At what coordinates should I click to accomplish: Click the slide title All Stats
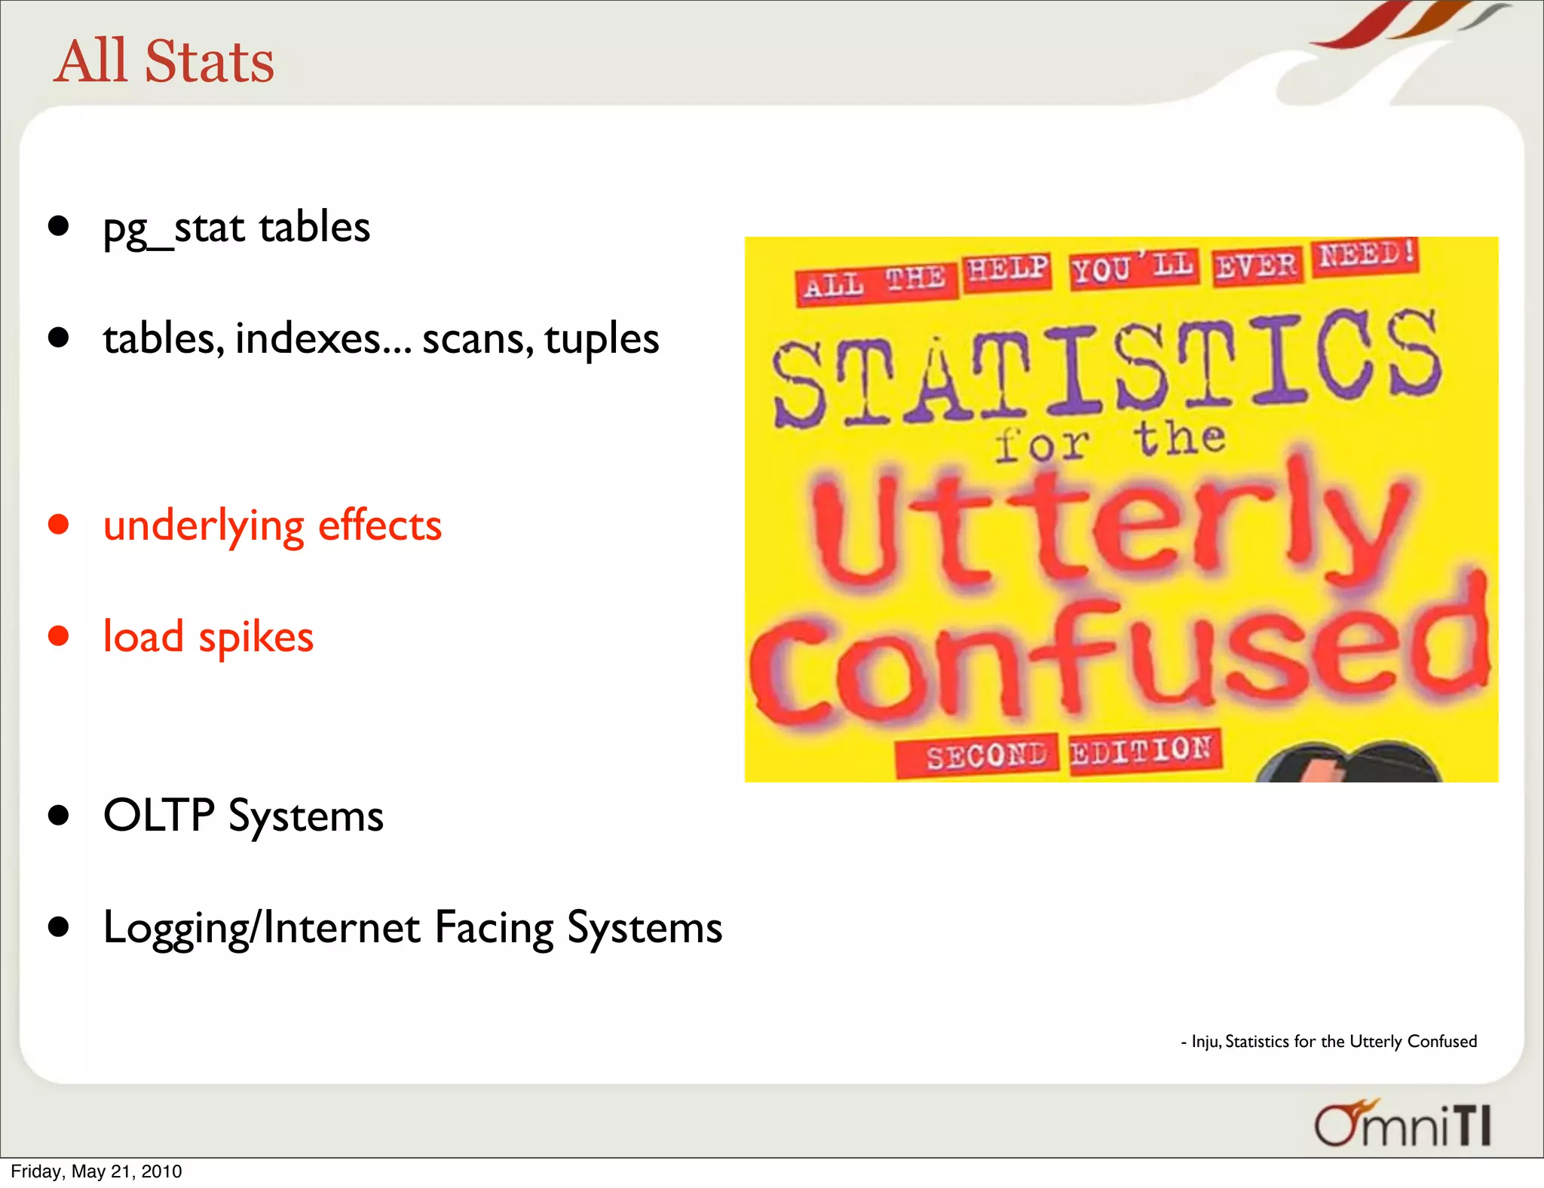coord(164,61)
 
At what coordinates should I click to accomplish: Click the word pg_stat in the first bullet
coord(173,228)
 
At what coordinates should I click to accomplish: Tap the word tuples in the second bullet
coord(602,339)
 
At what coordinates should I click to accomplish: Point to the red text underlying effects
coord(272,525)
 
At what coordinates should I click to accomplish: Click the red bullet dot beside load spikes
coord(58,635)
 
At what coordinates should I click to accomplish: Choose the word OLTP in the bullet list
coord(159,815)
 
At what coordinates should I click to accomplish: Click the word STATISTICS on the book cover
coord(1107,367)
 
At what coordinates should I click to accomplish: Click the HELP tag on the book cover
coord(1006,270)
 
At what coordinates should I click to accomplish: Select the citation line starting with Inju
coord(1328,1041)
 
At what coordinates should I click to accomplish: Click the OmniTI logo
coord(1402,1124)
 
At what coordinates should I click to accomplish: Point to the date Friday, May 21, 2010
coord(96,1171)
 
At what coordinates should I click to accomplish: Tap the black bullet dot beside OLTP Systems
coord(58,815)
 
